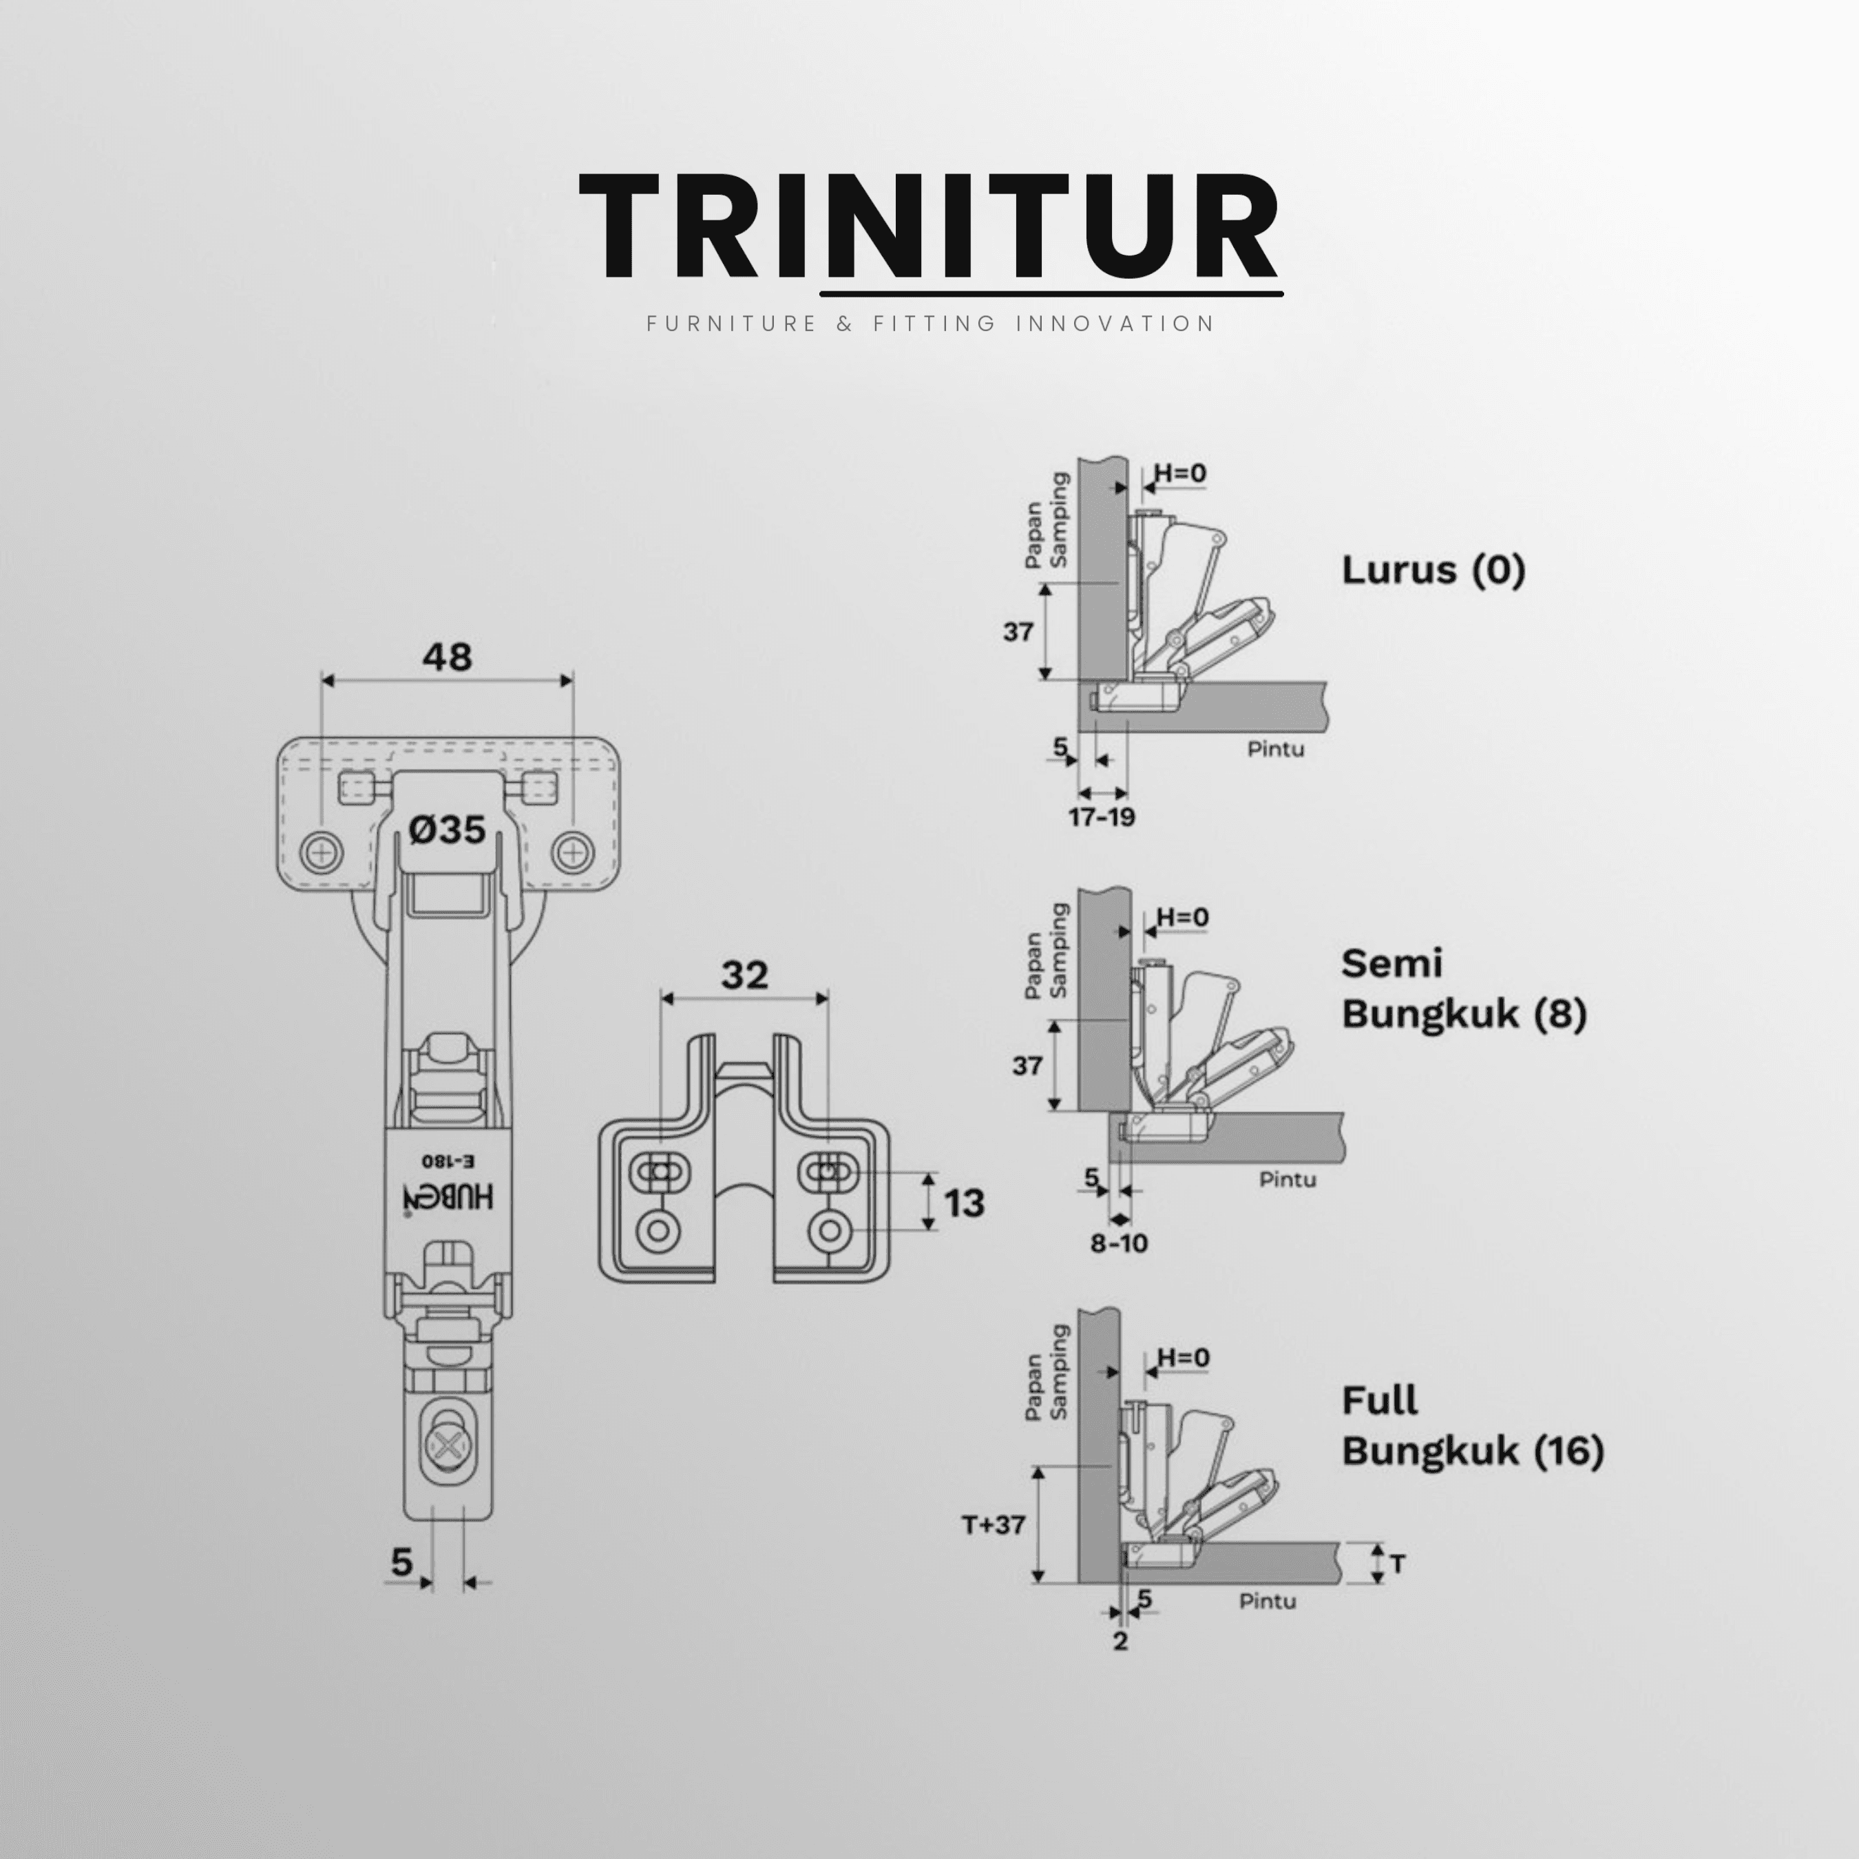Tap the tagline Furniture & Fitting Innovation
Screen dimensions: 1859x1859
pos(930,324)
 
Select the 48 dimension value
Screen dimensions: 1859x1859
pos(448,658)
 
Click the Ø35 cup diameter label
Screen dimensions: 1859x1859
pos(448,828)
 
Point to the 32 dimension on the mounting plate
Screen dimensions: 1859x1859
pos(745,976)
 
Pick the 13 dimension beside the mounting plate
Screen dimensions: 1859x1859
pos(964,1203)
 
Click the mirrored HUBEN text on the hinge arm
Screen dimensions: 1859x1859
pos(448,1196)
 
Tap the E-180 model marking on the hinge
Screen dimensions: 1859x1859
pos(448,1162)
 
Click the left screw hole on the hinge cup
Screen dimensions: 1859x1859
pos(322,852)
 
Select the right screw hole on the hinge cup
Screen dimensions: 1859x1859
pos(574,852)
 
